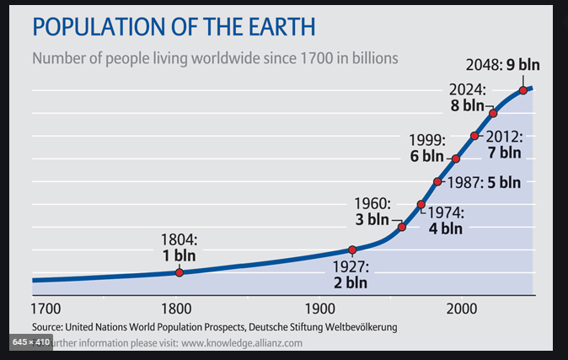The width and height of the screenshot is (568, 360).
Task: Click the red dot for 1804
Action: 179,272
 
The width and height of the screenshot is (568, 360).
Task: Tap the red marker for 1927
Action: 352,250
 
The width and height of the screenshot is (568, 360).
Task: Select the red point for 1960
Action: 402,227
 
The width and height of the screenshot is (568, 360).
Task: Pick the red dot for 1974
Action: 421,204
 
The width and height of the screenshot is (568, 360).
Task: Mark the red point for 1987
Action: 437,181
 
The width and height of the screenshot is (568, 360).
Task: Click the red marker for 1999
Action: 456,159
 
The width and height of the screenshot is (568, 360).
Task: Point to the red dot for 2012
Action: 474,135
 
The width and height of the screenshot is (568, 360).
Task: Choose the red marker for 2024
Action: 493,112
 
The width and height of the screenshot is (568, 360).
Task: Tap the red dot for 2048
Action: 523,90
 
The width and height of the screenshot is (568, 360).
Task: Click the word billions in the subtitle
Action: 368,59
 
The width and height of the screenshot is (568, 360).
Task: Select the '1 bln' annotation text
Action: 180,254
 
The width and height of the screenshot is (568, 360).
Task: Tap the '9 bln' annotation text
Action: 522,65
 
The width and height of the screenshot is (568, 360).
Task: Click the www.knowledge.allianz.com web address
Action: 241,343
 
